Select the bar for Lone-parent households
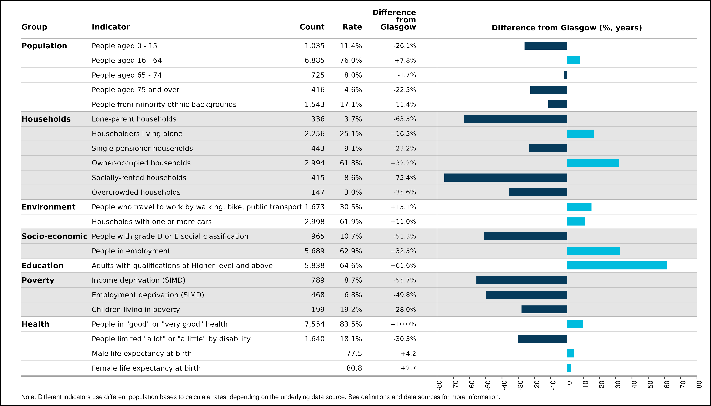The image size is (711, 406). coord(515,119)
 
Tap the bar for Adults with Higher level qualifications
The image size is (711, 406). coord(617,265)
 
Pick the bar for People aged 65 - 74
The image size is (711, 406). coord(566,75)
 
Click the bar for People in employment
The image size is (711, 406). coord(593,251)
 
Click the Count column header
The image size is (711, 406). coord(312,27)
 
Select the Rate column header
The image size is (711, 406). coord(352,27)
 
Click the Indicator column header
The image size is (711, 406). coord(111,27)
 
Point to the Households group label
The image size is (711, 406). coord(46,119)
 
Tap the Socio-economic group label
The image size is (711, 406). coord(54,236)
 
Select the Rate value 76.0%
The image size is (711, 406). coord(351,61)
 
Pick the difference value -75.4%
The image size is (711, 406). coord(405,178)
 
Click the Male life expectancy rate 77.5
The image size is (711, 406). coord(354,354)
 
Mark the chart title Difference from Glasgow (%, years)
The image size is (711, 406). coord(567,28)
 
